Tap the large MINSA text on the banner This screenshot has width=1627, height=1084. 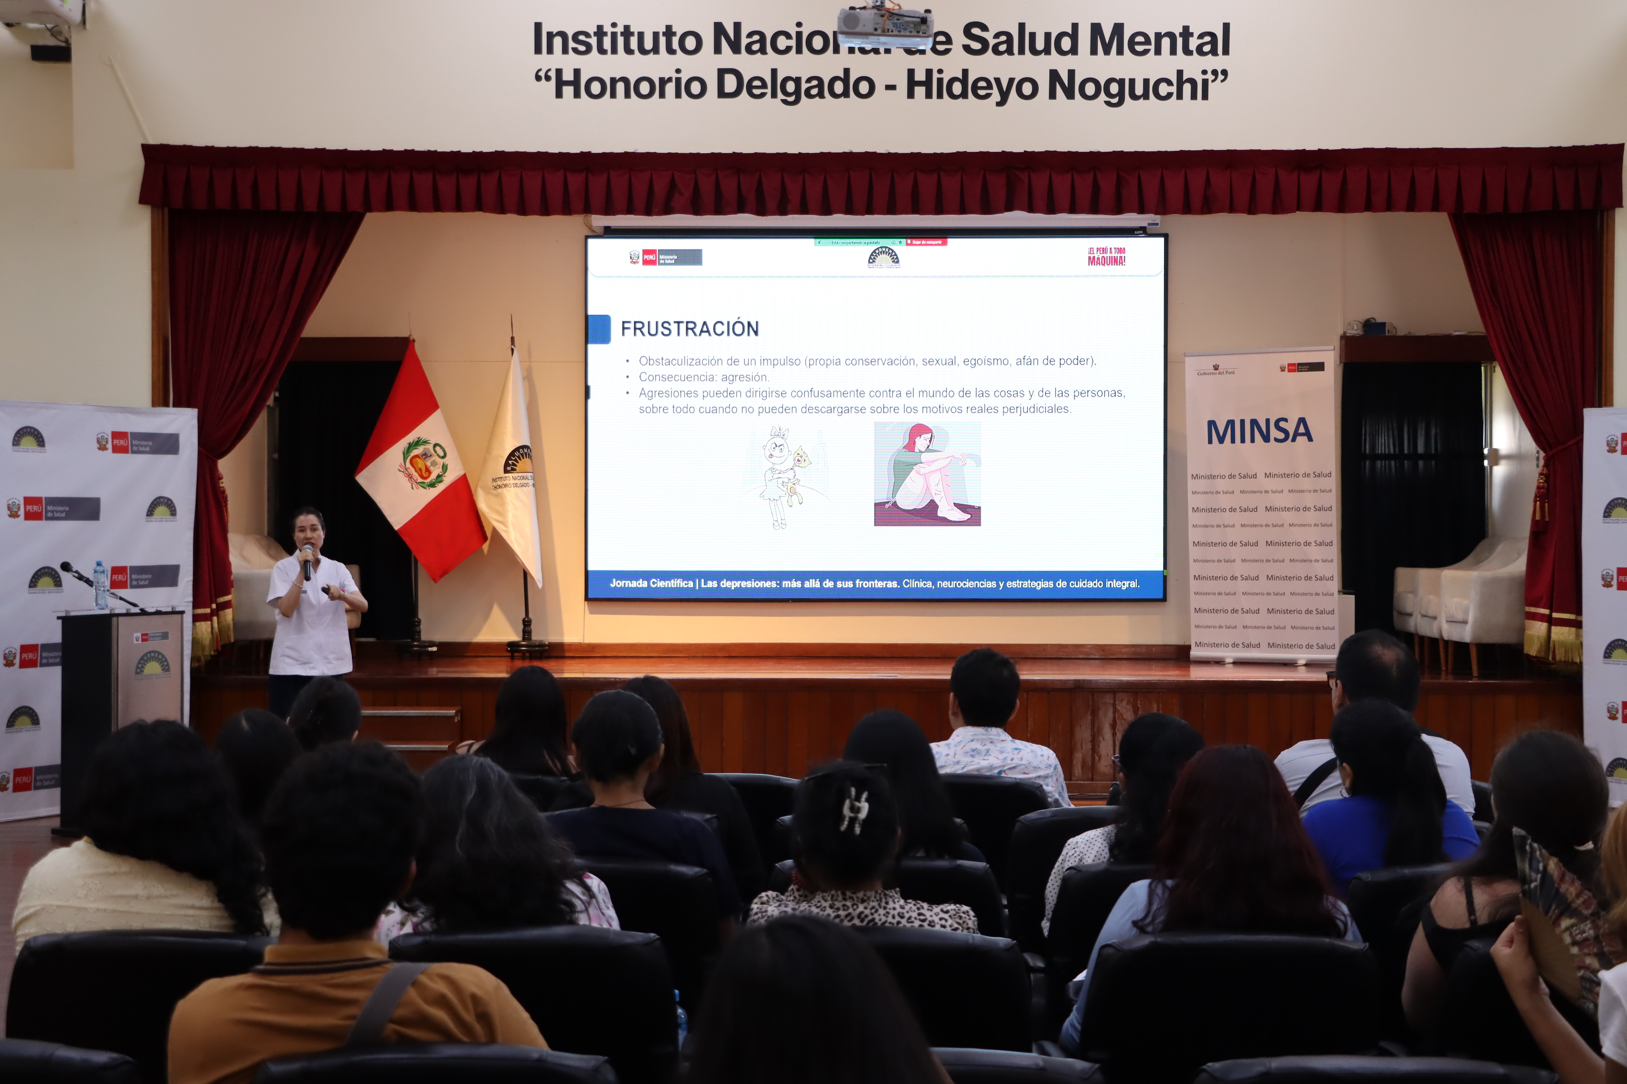[x=1259, y=431]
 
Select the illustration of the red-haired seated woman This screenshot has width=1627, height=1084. [x=927, y=474]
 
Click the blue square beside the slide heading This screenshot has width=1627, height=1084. [x=599, y=329]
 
